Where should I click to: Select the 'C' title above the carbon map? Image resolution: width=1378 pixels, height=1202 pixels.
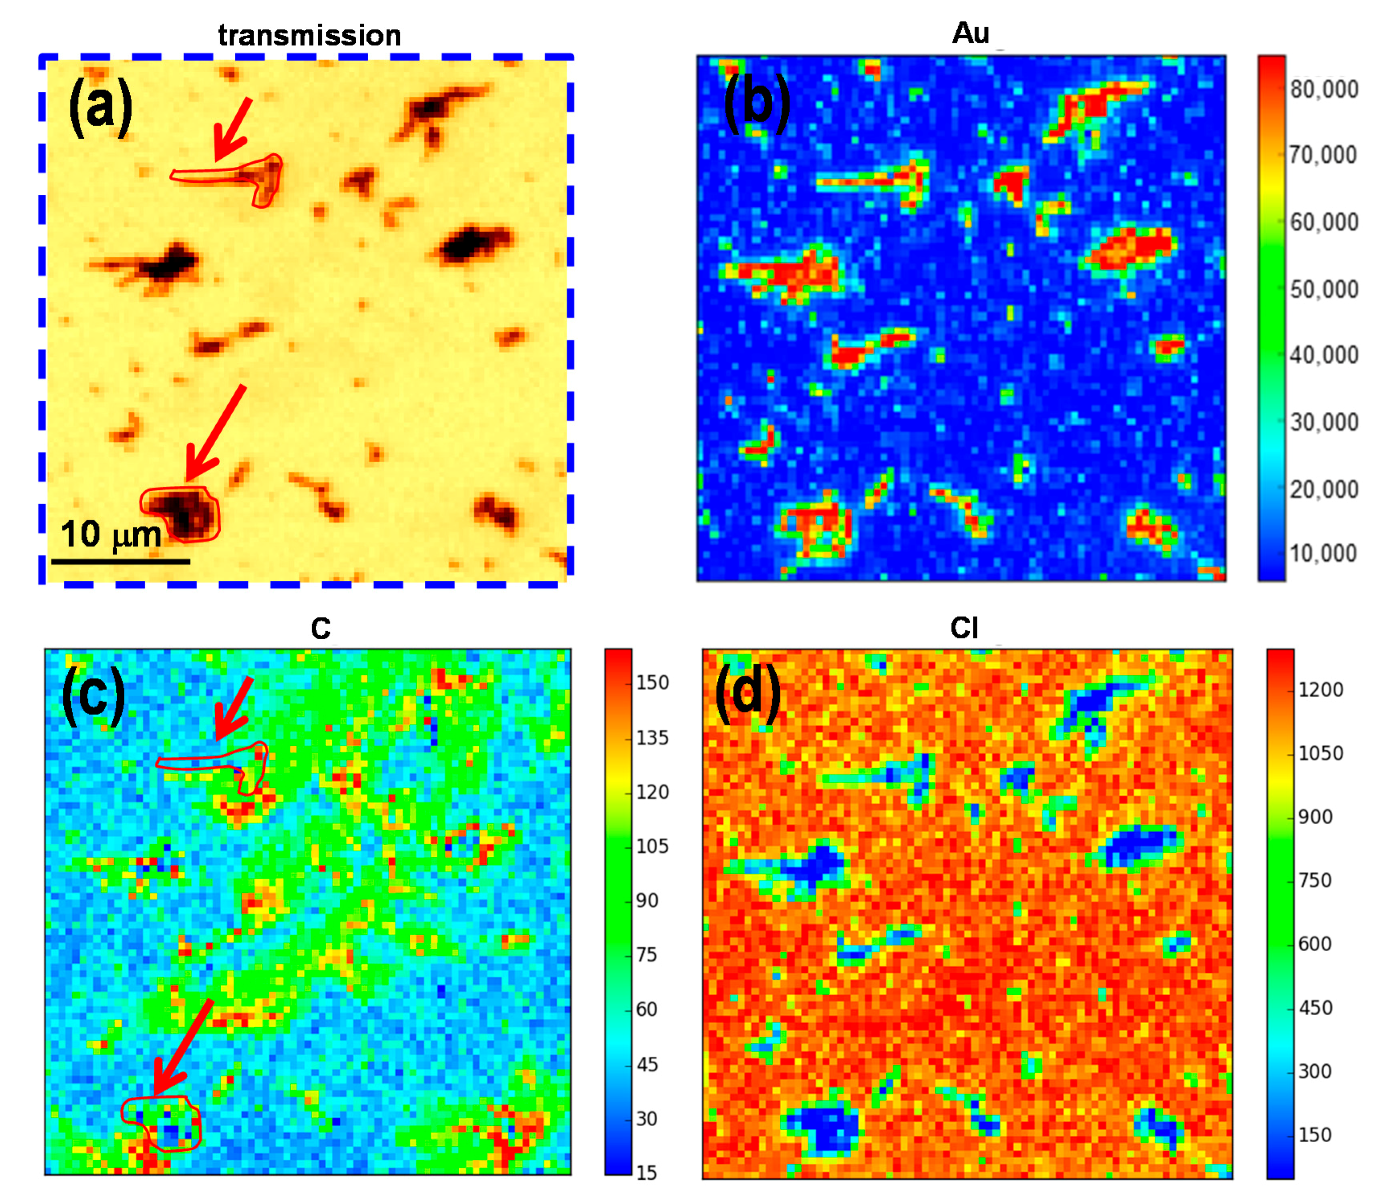point(321,628)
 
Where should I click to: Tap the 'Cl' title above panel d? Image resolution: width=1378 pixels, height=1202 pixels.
point(964,628)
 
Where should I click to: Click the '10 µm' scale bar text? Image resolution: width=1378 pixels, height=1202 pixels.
point(111,535)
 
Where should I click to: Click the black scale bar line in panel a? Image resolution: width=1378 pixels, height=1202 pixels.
point(121,561)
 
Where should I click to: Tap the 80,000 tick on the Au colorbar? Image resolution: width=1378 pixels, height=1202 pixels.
point(1324,89)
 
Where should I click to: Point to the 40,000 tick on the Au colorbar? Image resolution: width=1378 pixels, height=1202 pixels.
point(1324,355)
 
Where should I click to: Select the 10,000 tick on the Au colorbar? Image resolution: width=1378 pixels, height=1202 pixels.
point(1324,553)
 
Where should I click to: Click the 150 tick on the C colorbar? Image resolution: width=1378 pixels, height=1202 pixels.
point(652,682)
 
